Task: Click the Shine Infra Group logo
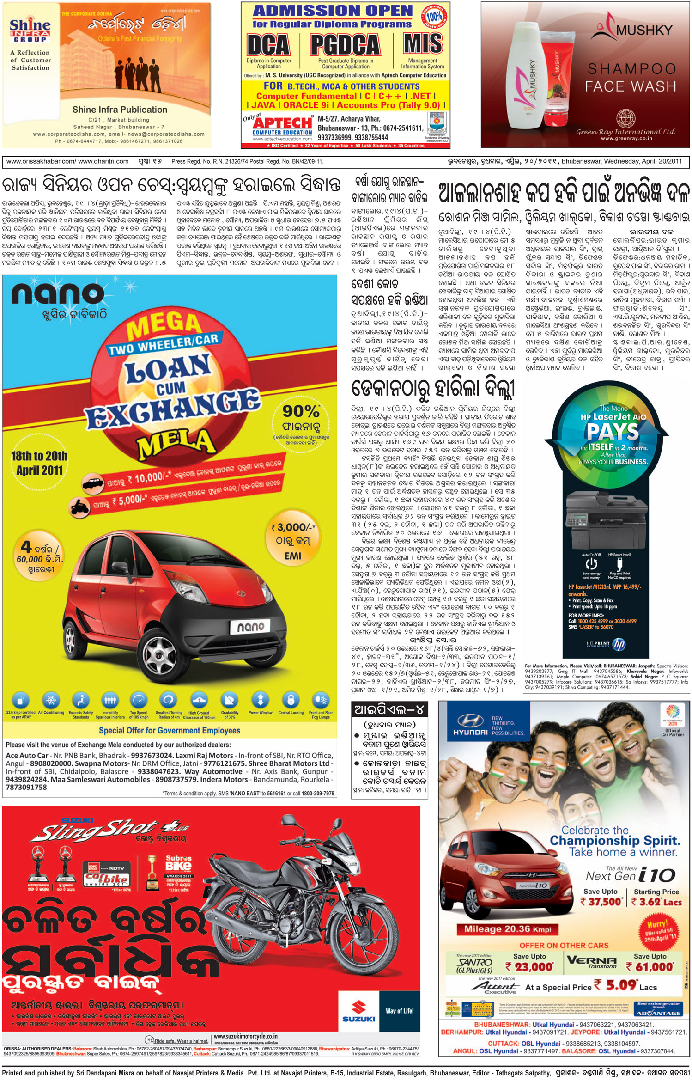coord(30,31)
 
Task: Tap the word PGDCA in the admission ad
coord(345,45)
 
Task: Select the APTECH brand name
coord(282,123)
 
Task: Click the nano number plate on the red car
coord(250,627)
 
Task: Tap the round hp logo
coord(619,645)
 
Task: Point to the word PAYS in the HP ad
coord(613,432)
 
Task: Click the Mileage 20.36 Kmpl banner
coord(508,929)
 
